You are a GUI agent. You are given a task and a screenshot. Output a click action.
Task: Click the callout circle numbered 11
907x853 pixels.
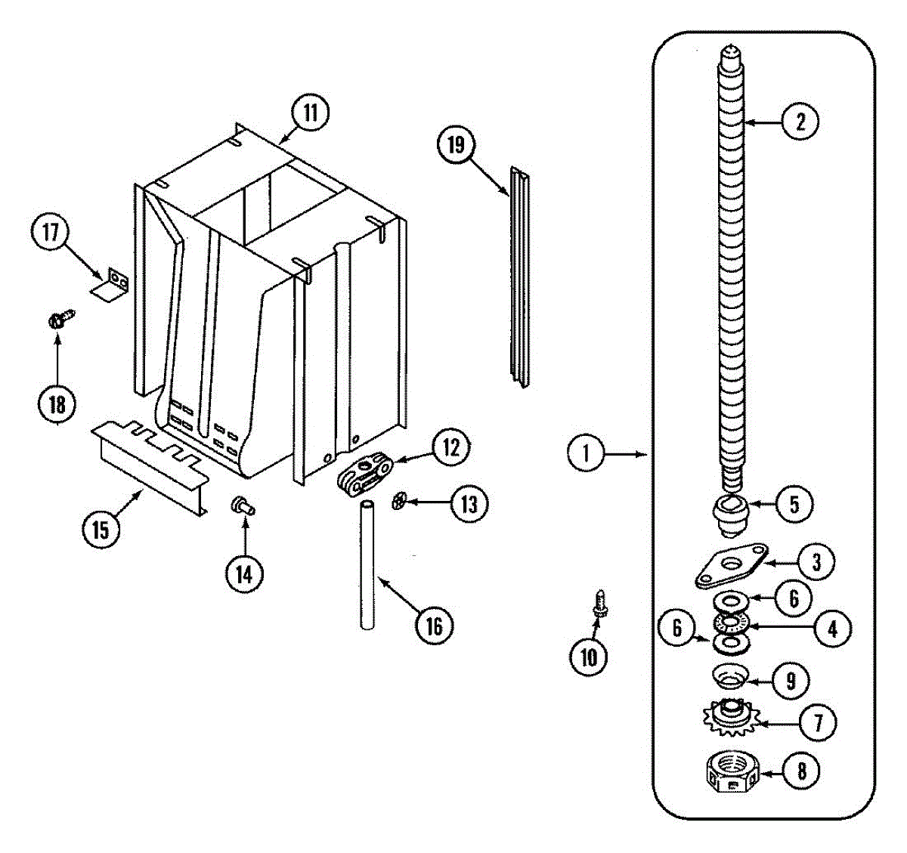(x=310, y=113)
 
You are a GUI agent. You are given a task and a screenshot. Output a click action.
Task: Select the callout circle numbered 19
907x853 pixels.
(x=456, y=144)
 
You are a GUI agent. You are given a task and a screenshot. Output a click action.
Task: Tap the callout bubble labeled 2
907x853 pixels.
(x=800, y=122)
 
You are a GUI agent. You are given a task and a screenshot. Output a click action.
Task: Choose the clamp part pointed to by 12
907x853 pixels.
(x=366, y=474)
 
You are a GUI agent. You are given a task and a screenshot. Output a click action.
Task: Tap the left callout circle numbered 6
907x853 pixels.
(x=677, y=627)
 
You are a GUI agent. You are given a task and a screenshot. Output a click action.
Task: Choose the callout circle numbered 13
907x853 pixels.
(x=469, y=503)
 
